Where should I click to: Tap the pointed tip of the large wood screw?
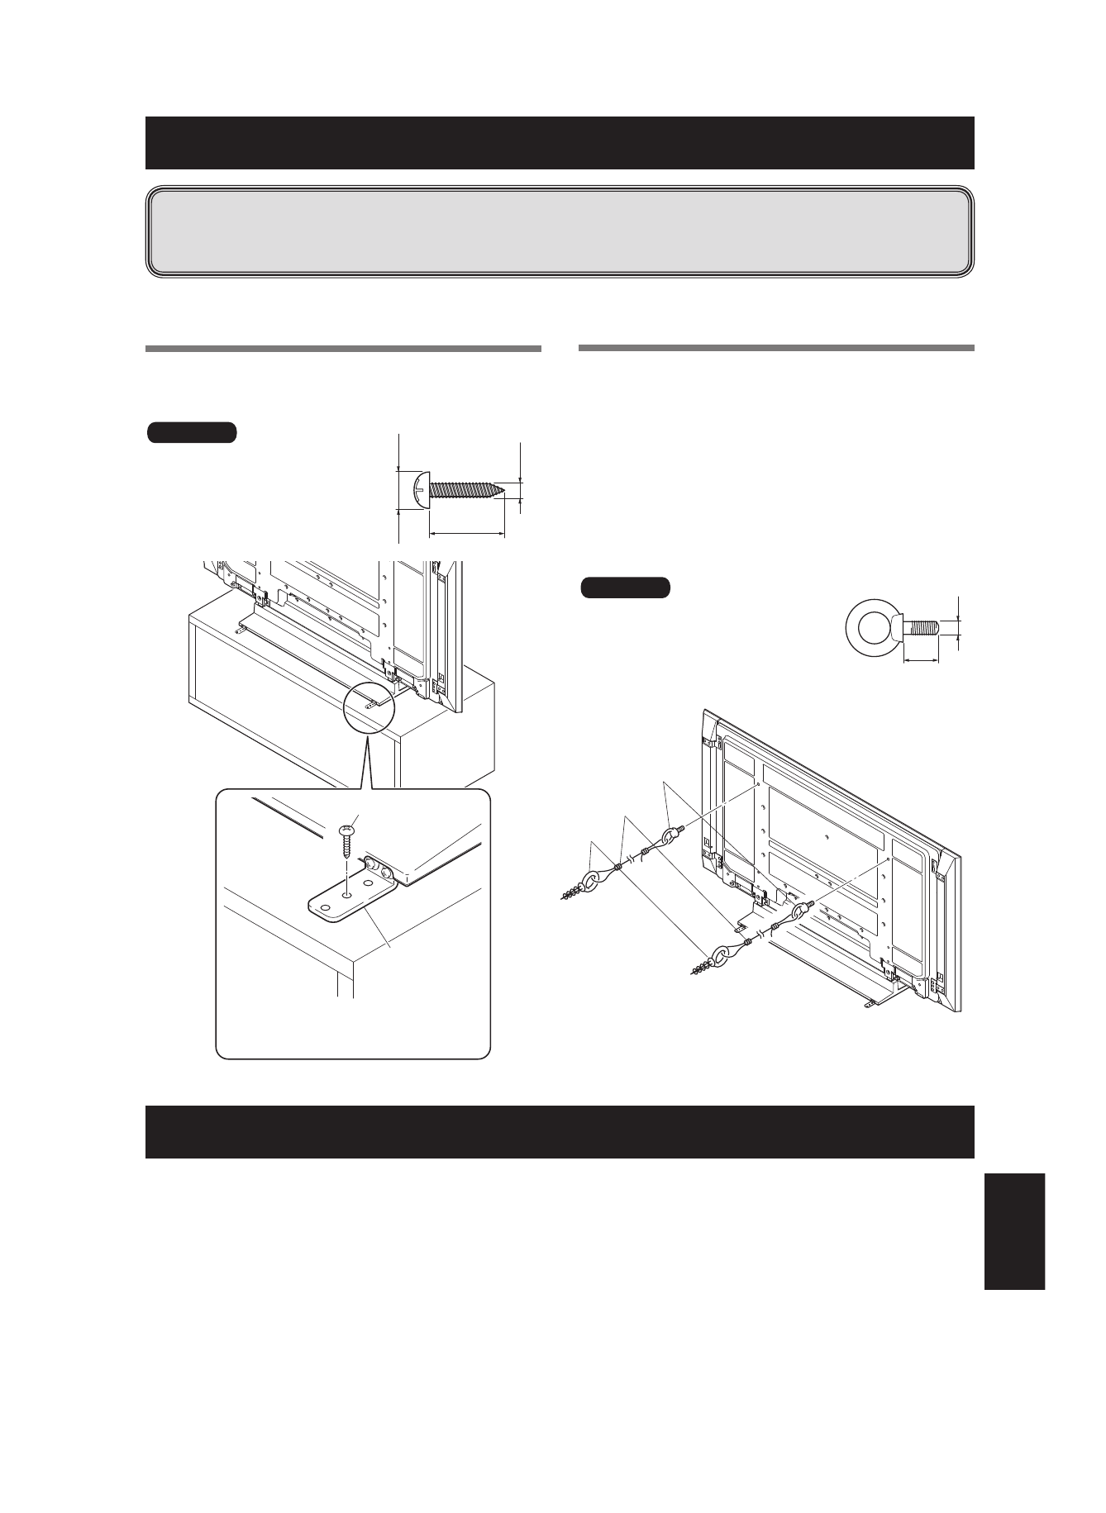coord(500,489)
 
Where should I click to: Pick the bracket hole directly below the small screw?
coord(347,893)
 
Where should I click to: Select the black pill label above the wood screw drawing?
coord(193,432)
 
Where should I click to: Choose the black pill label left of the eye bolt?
coord(625,588)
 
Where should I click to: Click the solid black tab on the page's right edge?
coord(1014,1231)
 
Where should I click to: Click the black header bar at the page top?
coord(560,142)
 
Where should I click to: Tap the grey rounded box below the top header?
coord(560,231)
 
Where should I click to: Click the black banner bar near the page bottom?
coord(560,1131)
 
